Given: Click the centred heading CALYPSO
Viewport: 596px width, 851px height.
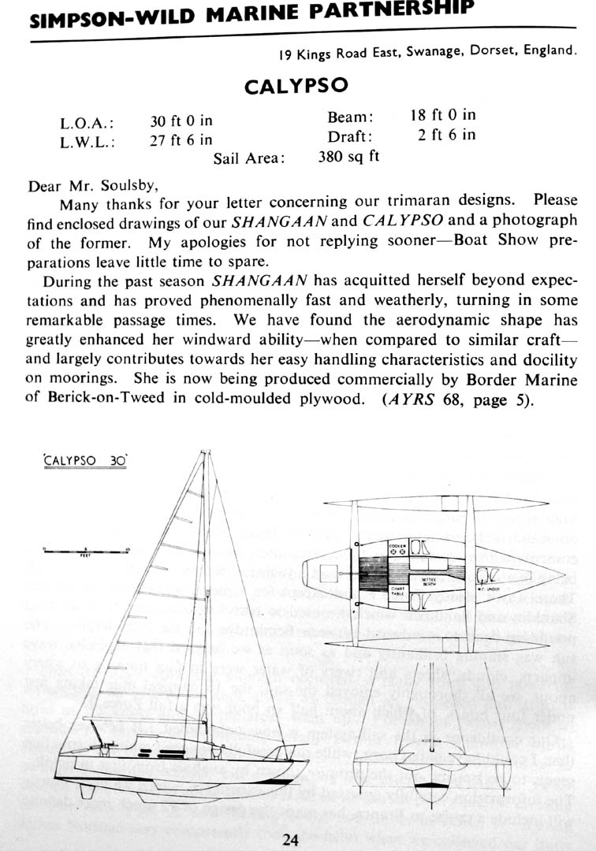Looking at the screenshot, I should pos(296,86).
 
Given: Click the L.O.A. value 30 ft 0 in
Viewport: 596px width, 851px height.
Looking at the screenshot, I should pos(181,121).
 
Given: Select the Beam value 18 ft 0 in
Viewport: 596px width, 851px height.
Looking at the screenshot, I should pos(442,115).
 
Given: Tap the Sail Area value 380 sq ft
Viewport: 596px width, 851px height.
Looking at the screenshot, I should pos(348,156).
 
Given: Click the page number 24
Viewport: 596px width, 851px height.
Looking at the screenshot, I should pos(290,840).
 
